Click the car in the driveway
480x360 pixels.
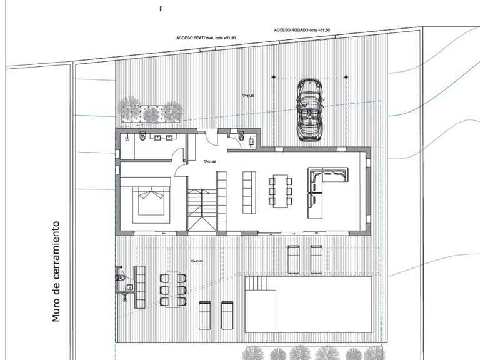pos(310,111)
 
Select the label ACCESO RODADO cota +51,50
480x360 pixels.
pos(301,30)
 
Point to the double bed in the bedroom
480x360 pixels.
pos(151,199)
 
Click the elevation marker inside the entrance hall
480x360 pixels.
pos(209,161)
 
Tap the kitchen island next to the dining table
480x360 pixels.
pos(249,192)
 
